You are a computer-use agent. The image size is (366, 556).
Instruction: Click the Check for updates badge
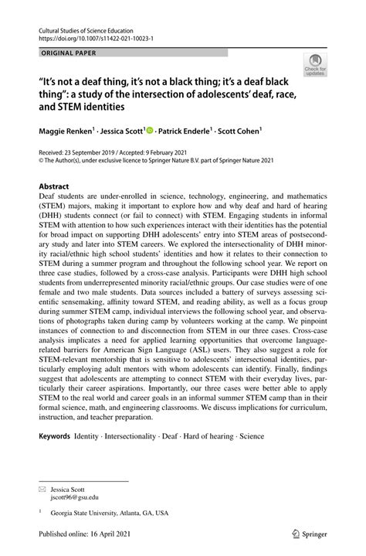[x=315, y=67]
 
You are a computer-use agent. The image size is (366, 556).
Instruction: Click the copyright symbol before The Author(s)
[x=41, y=162]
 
